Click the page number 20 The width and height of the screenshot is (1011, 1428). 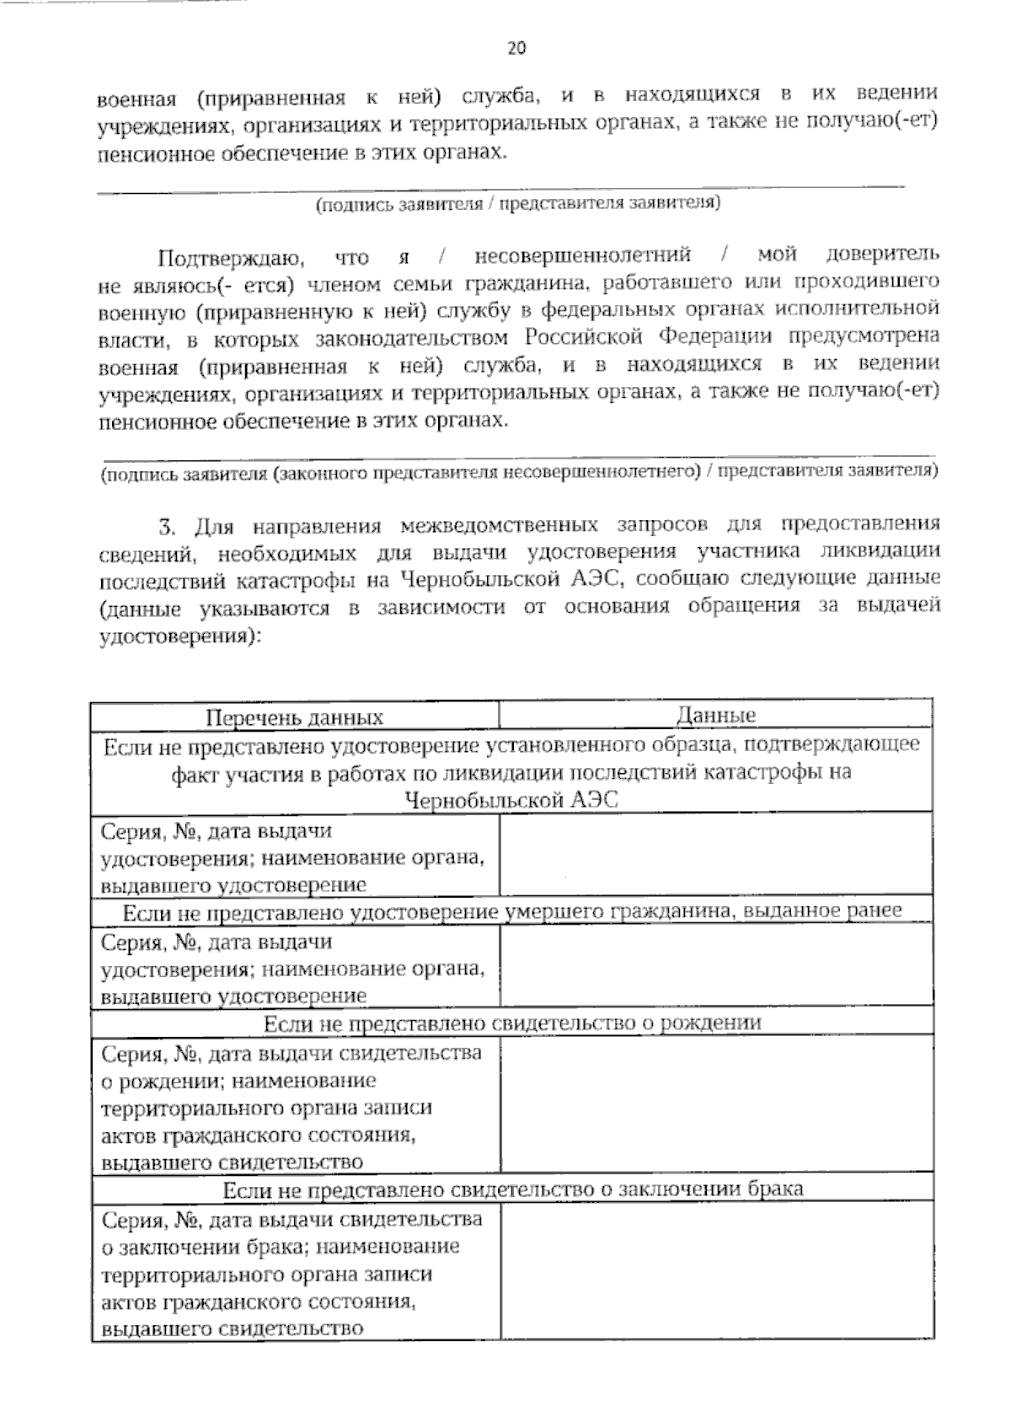pos(516,48)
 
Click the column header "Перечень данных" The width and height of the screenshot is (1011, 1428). pos(295,717)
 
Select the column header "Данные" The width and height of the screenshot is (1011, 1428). pos(716,716)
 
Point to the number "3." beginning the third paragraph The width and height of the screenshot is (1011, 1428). pos(168,527)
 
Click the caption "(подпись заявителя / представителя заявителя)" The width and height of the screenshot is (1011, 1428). pos(517,204)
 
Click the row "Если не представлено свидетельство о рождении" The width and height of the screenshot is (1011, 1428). pos(512,1023)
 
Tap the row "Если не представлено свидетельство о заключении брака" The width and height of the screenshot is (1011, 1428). pos(512,1189)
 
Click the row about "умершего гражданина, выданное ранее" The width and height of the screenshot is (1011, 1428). pos(512,911)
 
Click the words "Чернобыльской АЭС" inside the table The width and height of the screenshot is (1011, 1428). pos(511,800)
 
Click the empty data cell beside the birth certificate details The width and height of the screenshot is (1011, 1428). pos(716,1104)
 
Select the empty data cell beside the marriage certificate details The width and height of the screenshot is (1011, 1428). pos(716,1270)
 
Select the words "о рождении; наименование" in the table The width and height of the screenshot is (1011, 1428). pos(238,1081)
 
